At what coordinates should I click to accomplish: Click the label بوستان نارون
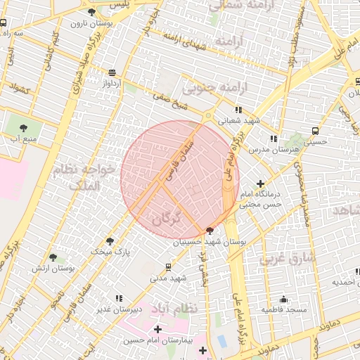87,23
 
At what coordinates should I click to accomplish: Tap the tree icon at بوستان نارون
91,12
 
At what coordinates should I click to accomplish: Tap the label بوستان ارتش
53,269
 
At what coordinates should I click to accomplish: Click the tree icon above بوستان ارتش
53,258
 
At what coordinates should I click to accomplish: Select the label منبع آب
23,139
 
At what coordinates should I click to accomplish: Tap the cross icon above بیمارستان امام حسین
157,329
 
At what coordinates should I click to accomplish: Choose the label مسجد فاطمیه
284,309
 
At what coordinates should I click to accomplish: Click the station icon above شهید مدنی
168,266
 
